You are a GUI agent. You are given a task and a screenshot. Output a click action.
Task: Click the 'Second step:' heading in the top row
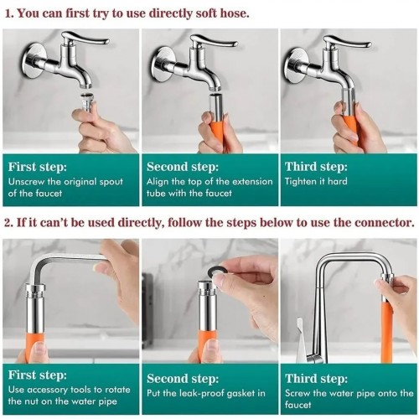181,166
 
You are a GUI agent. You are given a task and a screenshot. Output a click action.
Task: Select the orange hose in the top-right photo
350,127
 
